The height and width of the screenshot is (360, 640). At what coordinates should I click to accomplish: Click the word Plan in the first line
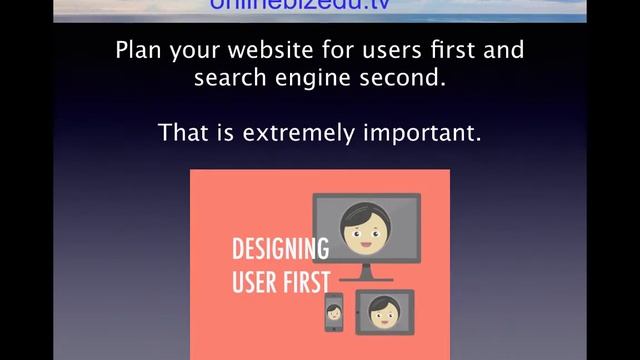[x=137, y=50]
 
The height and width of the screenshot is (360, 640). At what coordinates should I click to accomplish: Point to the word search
[x=226, y=77]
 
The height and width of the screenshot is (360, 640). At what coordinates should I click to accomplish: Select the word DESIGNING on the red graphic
[x=280, y=249]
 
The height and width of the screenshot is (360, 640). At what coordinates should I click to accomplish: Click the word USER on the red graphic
[x=253, y=281]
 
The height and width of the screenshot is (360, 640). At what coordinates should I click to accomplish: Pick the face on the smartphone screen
[x=334, y=312]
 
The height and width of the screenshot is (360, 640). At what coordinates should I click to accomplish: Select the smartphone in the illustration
[x=334, y=312]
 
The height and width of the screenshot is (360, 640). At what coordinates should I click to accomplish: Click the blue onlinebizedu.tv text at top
[x=299, y=6]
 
